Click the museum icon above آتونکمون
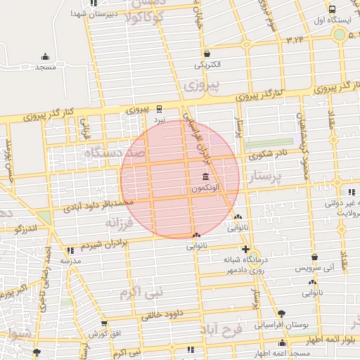click(205, 176)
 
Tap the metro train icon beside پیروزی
click(160, 108)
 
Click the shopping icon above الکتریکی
click(207, 53)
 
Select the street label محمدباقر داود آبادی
click(98, 205)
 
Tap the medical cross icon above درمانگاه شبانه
click(245, 249)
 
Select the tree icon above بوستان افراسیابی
click(282, 313)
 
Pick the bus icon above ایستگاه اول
click(331, 9)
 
